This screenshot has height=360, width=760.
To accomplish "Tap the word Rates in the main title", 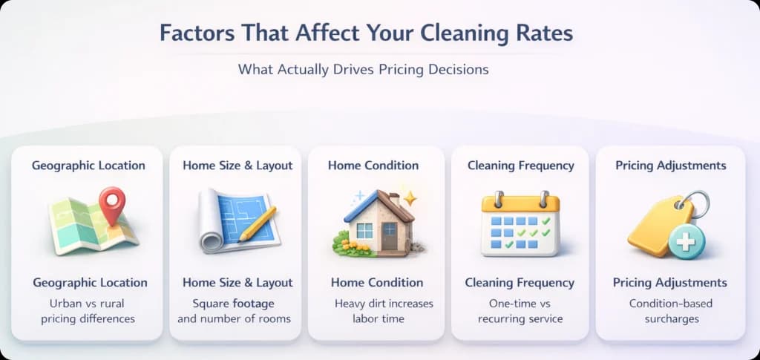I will click(539, 33).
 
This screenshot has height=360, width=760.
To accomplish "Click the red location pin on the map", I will click(112, 204).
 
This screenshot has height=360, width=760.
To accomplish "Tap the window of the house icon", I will click(364, 230).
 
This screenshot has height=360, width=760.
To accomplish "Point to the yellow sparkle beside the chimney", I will click(410, 198).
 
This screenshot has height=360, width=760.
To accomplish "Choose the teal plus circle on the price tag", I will click(687, 241).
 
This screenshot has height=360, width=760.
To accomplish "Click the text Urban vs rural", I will click(87, 304).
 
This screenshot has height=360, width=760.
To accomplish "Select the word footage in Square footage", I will click(253, 304).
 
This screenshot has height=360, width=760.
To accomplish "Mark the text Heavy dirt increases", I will click(384, 304).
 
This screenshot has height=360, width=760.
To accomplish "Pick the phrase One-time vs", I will click(519, 304).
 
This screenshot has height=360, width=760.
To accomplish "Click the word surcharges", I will click(671, 319).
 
